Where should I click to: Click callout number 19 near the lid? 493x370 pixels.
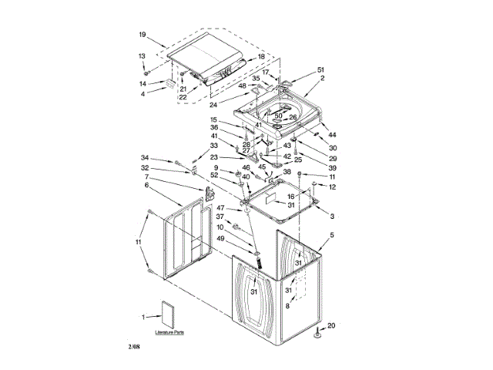click(x=143, y=35)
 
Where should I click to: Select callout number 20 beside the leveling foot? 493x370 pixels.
click(x=331, y=325)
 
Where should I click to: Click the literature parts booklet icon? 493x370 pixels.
click(x=168, y=315)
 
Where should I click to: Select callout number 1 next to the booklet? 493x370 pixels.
click(x=143, y=317)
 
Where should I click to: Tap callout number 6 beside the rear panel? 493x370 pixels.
click(x=147, y=186)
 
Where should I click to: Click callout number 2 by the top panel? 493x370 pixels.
click(x=323, y=79)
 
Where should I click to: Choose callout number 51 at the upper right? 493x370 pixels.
click(x=321, y=69)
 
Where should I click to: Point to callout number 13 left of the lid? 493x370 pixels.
click(x=142, y=55)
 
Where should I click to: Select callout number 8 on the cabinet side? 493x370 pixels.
click(x=288, y=306)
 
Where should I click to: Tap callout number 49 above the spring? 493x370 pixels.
click(x=220, y=239)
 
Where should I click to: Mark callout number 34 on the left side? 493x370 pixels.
click(x=144, y=158)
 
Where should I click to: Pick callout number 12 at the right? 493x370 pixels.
click(x=332, y=187)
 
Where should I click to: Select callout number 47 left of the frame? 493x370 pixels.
click(x=220, y=208)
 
